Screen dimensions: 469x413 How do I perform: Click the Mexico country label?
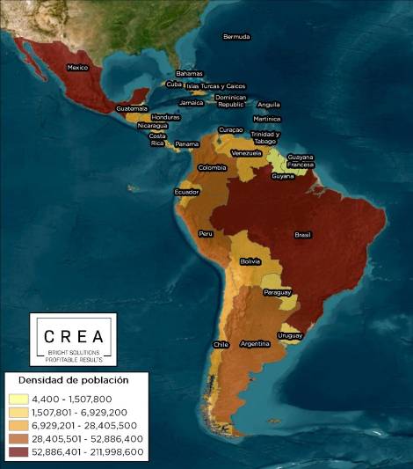[x=78, y=68]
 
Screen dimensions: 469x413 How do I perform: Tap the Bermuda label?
[x=236, y=37]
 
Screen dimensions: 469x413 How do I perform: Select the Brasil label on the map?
[x=302, y=235]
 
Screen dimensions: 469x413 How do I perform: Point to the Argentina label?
[x=255, y=344]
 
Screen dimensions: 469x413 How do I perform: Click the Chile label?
[x=221, y=344]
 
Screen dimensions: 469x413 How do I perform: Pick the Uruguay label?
[x=289, y=335]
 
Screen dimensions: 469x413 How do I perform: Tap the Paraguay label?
[x=278, y=292]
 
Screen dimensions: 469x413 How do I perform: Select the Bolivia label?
[x=250, y=262]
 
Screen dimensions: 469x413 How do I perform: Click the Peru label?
[x=206, y=234]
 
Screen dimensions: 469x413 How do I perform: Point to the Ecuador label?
[x=186, y=192]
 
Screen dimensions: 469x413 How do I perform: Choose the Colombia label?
[x=212, y=167]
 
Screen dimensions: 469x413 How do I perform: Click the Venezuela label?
[x=247, y=153]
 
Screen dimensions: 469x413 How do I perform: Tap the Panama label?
[x=186, y=143]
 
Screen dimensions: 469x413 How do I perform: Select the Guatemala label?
[x=131, y=108]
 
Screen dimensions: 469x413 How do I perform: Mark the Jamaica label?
[x=191, y=102]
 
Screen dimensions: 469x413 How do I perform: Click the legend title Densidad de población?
[x=69, y=380]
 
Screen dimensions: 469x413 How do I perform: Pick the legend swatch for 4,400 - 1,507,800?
[x=18, y=399]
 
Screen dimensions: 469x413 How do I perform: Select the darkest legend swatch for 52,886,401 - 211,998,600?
[x=18, y=452]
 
